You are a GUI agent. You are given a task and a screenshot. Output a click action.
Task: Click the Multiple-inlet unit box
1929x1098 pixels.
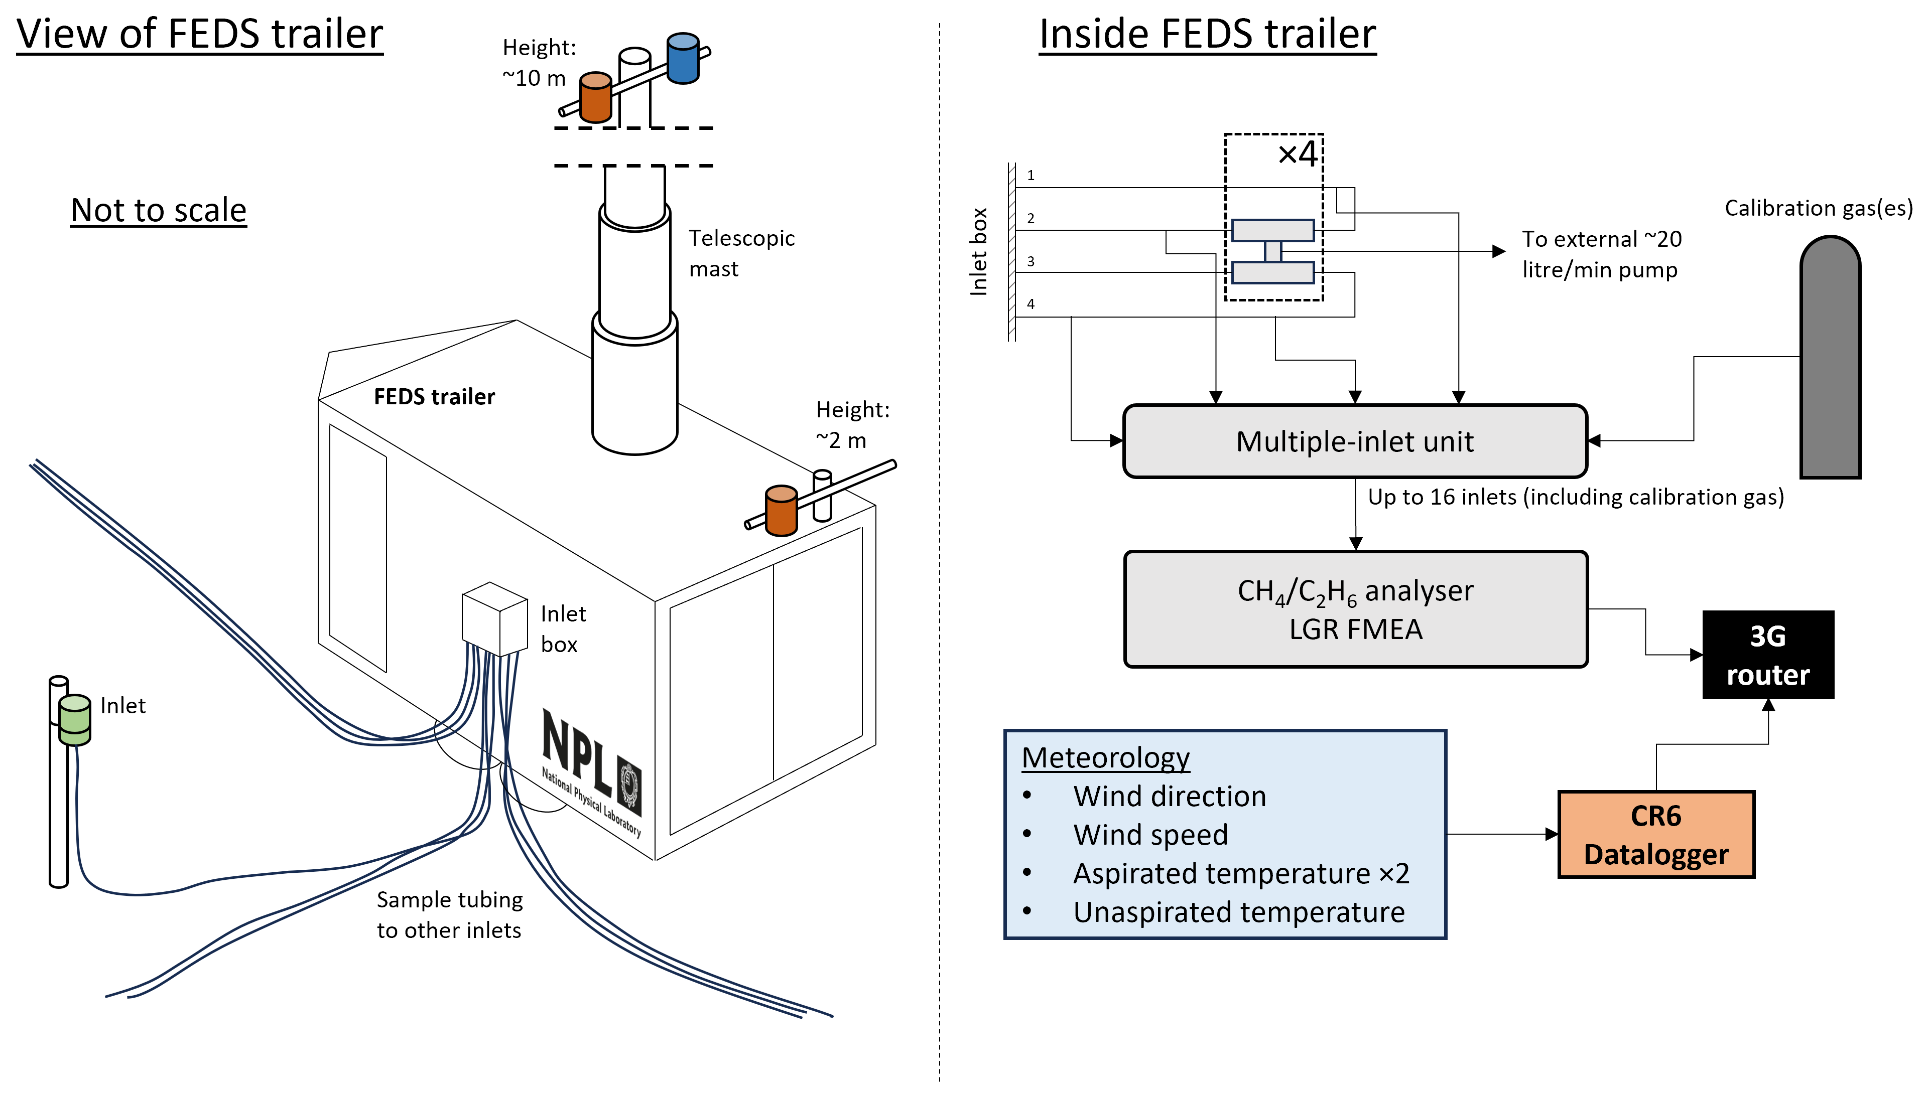[1354, 441]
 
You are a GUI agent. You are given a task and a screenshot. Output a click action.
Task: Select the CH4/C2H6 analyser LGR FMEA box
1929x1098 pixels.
[1355, 609]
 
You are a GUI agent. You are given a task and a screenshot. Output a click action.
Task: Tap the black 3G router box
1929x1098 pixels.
[1767, 655]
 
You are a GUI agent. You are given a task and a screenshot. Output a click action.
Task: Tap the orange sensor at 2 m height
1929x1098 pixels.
[781, 511]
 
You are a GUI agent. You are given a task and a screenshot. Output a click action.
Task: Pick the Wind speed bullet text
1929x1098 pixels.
[1150, 835]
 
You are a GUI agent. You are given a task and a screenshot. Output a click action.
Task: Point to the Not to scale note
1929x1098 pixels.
[159, 210]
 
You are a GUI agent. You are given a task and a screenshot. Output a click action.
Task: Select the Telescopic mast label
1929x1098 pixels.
[741, 253]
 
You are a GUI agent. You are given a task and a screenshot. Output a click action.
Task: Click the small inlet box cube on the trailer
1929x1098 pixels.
[494, 618]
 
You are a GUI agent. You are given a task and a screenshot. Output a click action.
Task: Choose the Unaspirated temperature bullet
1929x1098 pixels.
[1239, 912]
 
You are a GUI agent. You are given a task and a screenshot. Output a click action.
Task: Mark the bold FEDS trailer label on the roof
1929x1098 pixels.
[435, 397]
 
